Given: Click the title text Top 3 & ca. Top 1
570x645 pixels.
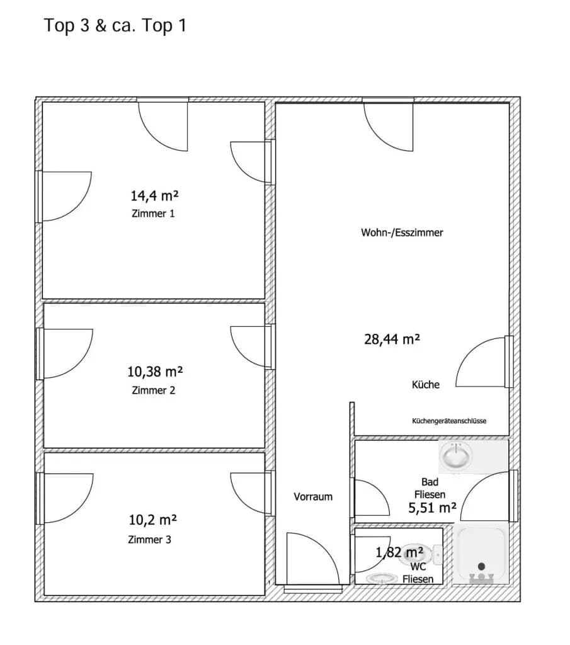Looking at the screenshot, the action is (115, 25).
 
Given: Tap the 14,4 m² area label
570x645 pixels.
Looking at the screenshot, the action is (154, 195).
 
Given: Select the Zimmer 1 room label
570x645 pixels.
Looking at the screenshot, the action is (153, 214).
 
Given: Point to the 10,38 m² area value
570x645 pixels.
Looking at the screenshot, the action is (155, 372).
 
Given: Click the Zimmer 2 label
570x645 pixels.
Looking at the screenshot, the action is (154, 391).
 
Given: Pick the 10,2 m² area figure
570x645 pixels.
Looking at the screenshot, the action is (152, 520).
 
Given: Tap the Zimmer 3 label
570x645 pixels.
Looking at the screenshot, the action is (149, 539).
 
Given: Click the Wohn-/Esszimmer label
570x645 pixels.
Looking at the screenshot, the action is (402, 232).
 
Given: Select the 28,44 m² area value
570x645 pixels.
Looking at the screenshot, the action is (392, 340).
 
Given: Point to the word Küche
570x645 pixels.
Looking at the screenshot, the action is (426, 385).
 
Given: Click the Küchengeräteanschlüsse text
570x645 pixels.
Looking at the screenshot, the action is (449, 421).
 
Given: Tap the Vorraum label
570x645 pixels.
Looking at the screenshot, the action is (313, 496).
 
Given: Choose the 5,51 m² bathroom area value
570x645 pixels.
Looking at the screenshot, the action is (432, 508).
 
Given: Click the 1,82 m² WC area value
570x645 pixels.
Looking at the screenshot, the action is (399, 552).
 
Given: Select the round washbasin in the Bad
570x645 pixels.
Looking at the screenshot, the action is (455, 456).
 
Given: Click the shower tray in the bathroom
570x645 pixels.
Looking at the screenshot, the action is (481, 554).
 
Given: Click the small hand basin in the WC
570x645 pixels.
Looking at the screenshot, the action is (382, 578).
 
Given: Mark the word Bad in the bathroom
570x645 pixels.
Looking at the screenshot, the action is (430, 482).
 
